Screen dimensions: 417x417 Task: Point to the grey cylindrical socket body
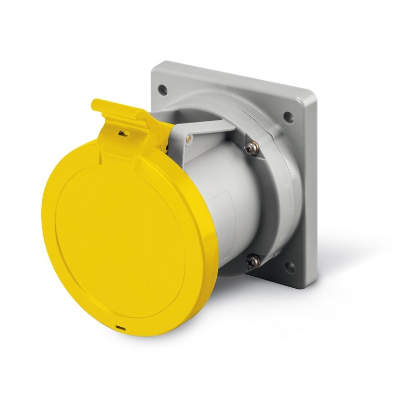coord(235,203)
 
